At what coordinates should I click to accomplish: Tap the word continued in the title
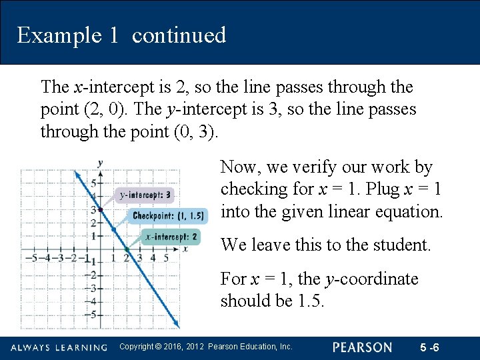click(x=179, y=35)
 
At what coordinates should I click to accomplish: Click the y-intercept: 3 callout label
click(x=145, y=195)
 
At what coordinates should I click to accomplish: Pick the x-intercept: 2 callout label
click(x=171, y=237)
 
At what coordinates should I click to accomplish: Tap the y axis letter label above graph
click(x=99, y=163)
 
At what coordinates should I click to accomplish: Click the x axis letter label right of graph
click(x=185, y=249)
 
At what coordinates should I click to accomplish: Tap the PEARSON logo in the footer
click(x=363, y=347)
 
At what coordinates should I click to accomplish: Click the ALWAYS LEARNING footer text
click(x=59, y=348)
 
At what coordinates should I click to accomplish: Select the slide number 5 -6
click(x=430, y=347)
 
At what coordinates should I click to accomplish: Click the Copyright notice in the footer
click(x=205, y=347)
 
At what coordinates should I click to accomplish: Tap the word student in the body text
click(x=401, y=245)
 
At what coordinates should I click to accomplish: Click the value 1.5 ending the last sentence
click(x=310, y=301)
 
